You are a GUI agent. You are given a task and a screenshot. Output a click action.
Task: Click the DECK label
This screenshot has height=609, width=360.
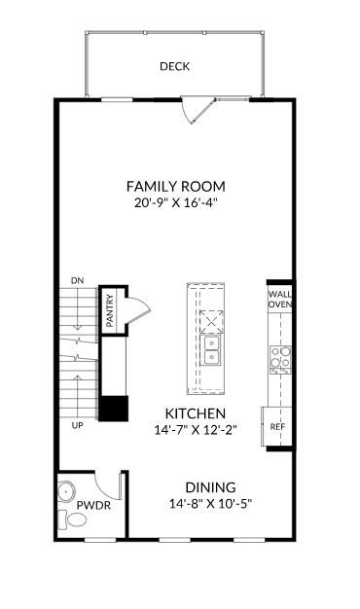(175, 66)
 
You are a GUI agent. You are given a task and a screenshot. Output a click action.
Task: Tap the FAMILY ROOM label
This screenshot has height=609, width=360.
(176, 187)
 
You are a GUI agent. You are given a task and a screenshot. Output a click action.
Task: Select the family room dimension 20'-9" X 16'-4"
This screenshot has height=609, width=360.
(175, 203)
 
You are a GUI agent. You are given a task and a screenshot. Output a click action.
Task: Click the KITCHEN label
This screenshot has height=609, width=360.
(196, 413)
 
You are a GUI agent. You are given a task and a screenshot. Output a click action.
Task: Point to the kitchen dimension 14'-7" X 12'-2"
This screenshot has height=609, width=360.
(196, 430)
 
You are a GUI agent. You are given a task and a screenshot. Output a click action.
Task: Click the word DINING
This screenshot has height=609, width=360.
(210, 487)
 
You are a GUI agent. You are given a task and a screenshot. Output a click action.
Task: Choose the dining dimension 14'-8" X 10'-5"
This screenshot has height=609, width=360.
(210, 504)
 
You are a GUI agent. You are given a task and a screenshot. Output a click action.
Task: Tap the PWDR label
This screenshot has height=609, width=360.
(93, 505)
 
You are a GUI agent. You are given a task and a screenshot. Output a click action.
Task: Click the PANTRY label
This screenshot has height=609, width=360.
(110, 310)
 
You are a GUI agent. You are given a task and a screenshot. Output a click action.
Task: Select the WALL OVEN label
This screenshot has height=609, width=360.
(280, 300)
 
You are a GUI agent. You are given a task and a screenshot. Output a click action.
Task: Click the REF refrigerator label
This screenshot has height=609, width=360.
(277, 426)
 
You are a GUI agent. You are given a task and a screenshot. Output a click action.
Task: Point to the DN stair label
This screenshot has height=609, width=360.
(77, 280)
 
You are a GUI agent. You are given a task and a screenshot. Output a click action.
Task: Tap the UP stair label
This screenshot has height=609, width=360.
(77, 425)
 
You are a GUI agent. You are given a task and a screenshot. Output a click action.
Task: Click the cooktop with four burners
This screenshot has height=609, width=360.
(280, 360)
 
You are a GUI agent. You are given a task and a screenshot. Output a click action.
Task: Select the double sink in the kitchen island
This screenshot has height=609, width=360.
(210, 350)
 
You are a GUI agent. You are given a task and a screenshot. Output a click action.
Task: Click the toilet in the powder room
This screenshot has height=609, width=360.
(73, 519)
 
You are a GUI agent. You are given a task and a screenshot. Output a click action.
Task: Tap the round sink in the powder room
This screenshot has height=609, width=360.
(66, 491)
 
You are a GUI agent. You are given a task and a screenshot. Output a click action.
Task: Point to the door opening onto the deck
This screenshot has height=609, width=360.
(198, 111)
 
